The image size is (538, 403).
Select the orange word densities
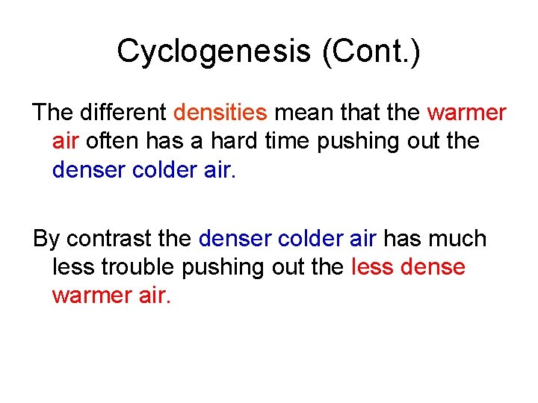click(220, 113)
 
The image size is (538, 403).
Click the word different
click(123, 113)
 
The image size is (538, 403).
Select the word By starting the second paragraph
click(46, 240)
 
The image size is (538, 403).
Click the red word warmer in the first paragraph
click(467, 113)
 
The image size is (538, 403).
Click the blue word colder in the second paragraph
click(312, 240)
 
